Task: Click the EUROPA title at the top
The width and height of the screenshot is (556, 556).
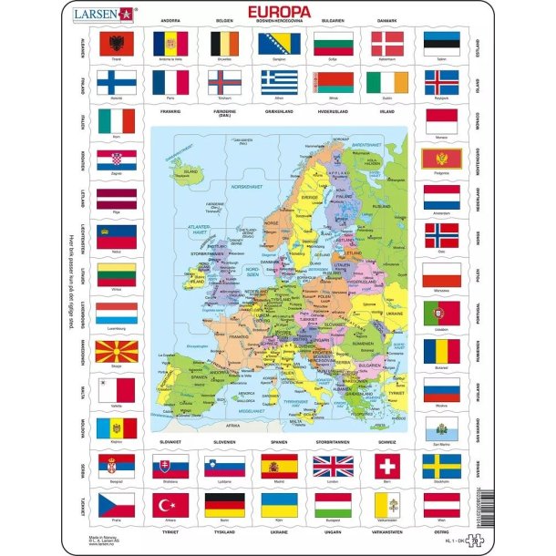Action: click(278, 12)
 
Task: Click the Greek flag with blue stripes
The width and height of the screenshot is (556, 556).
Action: click(279, 83)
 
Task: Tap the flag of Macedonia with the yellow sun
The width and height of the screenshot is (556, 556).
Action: click(116, 351)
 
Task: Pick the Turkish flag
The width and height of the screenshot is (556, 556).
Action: click(170, 504)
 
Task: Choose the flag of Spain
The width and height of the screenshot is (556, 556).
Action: click(279, 466)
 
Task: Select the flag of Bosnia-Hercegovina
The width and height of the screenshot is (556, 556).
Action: click(279, 43)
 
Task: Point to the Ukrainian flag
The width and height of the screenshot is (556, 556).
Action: click(279, 504)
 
